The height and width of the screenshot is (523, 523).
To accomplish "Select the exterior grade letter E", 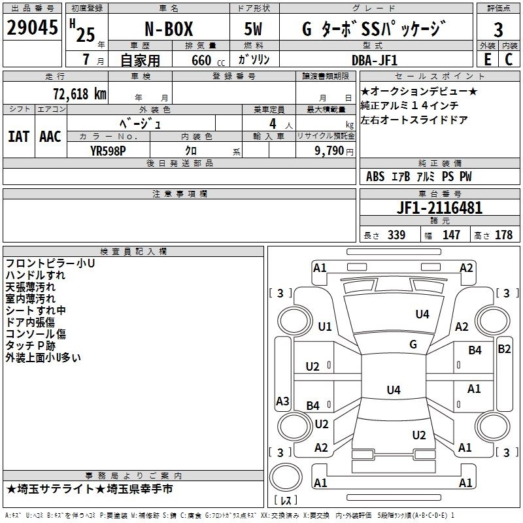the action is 487,59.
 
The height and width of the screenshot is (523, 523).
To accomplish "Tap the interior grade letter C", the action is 509,59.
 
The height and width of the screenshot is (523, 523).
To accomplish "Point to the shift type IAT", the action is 19,137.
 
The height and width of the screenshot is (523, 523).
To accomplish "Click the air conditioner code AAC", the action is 50,137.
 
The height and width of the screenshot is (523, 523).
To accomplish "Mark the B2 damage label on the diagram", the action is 504,348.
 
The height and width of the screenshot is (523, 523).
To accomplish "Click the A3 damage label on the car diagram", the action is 283,401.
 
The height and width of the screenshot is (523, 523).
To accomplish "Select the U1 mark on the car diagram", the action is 325,327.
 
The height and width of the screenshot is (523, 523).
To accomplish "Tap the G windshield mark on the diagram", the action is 413,345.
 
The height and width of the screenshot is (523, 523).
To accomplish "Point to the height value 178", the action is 504,235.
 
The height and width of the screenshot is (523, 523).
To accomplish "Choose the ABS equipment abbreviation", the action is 375,177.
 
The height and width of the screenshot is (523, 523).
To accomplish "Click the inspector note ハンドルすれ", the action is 35,275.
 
